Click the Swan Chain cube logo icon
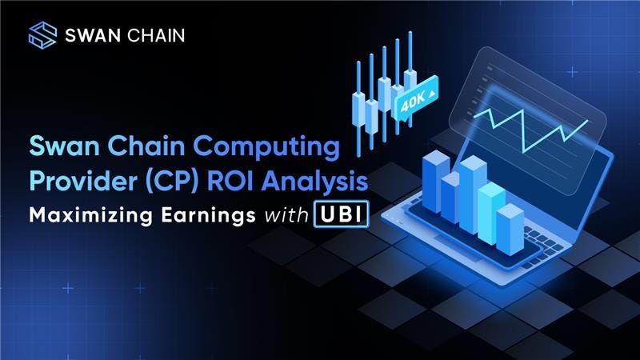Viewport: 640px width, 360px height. (42, 35)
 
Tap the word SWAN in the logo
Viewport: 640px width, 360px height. (93, 35)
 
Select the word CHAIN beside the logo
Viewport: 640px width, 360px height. (156, 35)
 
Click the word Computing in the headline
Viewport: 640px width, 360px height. (266, 147)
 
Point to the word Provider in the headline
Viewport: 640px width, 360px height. (83, 181)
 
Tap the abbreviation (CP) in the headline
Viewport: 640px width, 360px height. (172, 182)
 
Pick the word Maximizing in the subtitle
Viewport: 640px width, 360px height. (90, 215)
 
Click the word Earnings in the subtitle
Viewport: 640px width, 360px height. (208, 215)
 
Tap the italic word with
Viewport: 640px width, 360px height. (286, 215)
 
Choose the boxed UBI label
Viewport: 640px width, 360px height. (342, 214)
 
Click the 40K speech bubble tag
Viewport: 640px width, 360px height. (416, 98)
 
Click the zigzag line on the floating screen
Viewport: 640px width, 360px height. (530, 130)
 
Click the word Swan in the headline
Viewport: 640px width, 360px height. (65, 146)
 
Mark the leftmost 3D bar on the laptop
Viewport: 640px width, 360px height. (436, 182)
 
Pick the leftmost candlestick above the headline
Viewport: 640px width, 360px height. (358, 109)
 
